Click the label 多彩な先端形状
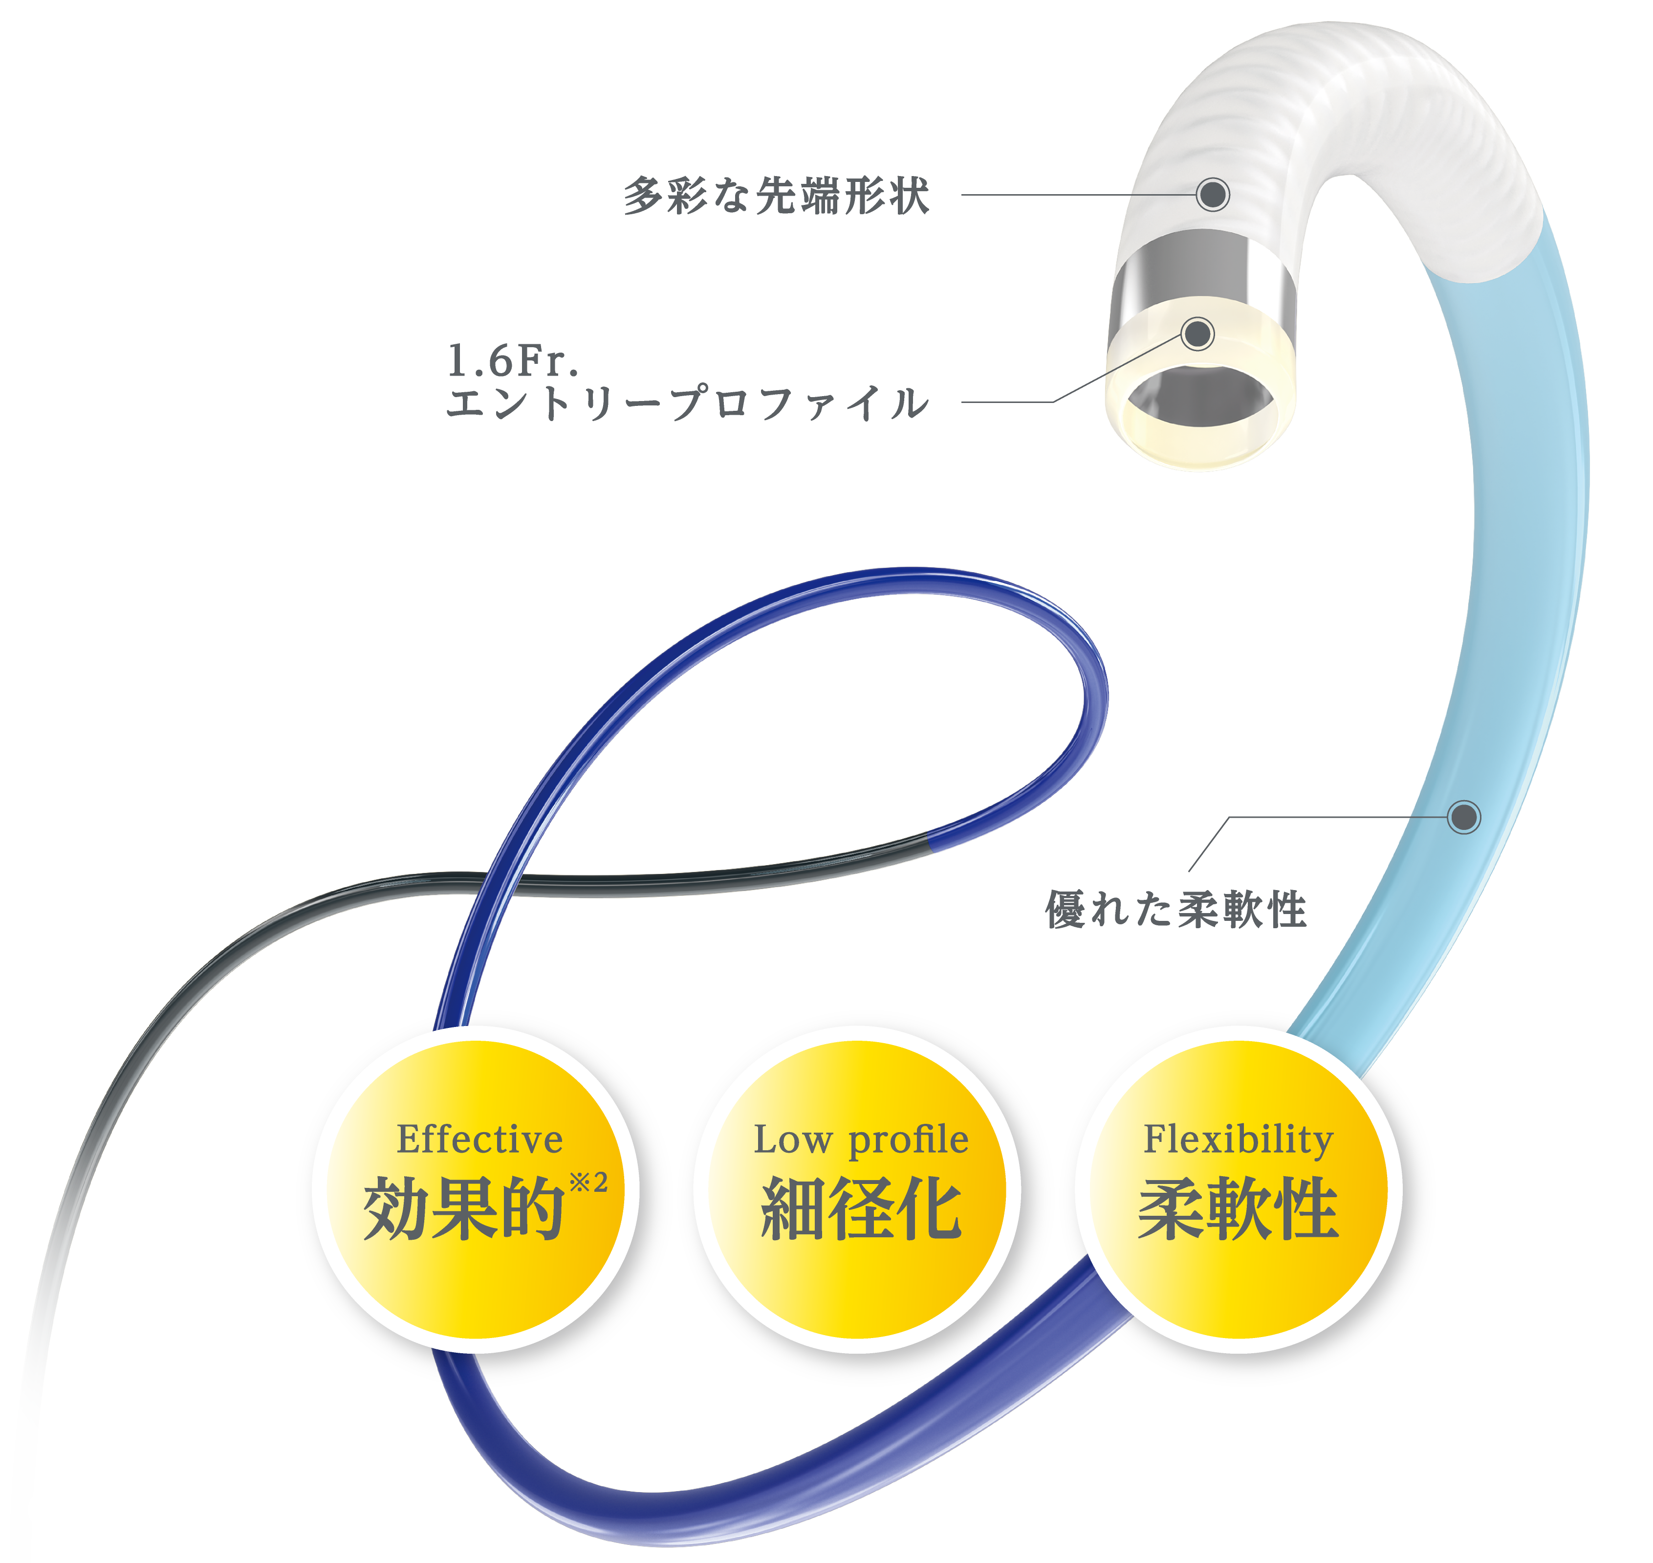pos(776,196)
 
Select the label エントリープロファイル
pos(688,403)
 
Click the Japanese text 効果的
pos(464,1208)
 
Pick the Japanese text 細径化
pos(861,1208)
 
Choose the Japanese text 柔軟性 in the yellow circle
pos(1239,1208)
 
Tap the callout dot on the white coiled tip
pos(1213,194)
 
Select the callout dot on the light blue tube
pos(1464,817)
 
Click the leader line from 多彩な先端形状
pos(1078,195)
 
